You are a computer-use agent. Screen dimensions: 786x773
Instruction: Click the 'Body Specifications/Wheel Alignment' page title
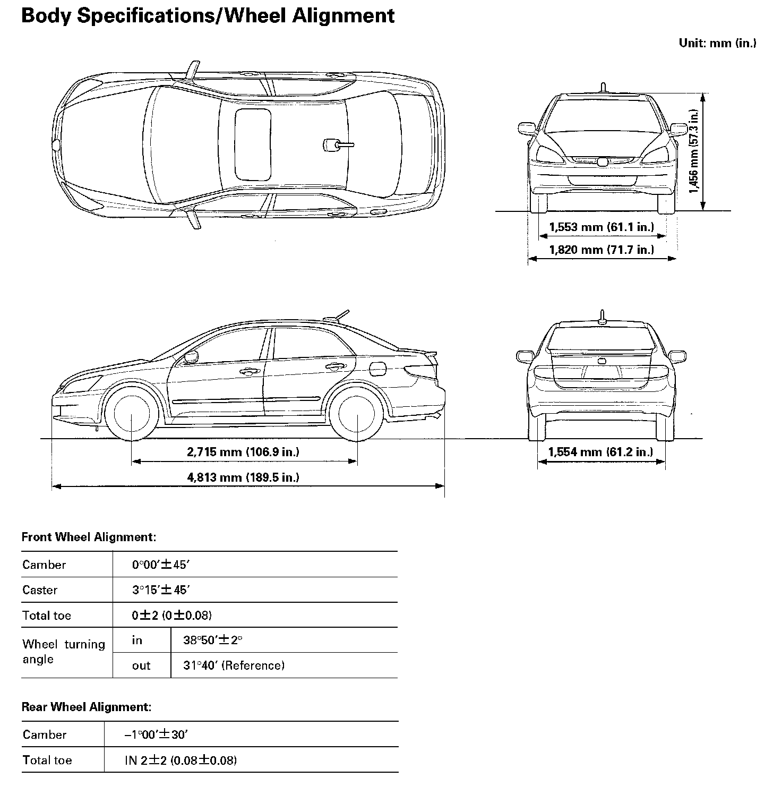(x=208, y=15)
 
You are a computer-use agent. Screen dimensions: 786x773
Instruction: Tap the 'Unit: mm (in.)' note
(x=717, y=43)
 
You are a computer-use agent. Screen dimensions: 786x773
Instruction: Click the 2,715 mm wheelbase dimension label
(x=243, y=452)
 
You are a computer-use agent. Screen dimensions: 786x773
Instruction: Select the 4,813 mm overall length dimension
(x=243, y=477)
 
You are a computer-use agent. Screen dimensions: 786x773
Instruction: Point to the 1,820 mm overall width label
(x=602, y=249)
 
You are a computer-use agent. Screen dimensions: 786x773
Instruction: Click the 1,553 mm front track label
(x=602, y=227)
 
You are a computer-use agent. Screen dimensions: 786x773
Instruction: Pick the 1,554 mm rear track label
(x=600, y=452)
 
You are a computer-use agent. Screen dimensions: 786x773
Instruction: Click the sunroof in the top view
(x=253, y=144)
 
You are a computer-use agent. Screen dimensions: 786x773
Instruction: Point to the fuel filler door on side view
(x=377, y=368)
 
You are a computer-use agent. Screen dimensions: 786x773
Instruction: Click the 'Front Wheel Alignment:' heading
(x=89, y=537)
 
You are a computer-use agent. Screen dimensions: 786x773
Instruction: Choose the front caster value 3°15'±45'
(x=161, y=589)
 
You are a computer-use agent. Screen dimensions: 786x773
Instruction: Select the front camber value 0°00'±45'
(x=161, y=565)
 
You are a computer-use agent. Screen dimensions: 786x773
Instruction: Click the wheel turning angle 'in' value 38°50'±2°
(x=212, y=640)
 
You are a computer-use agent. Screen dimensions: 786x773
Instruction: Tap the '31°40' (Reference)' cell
(x=234, y=665)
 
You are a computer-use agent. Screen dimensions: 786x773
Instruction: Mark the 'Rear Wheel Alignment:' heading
(x=87, y=707)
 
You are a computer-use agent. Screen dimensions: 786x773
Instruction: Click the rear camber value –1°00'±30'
(x=157, y=734)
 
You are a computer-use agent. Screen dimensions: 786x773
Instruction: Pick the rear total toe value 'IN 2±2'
(x=181, y=760)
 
